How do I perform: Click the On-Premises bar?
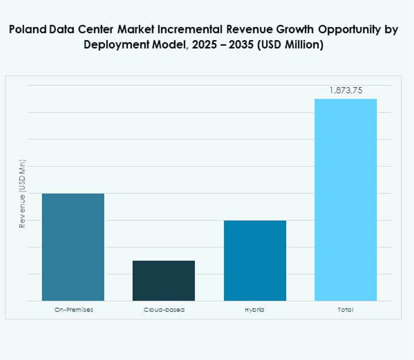pos(73,247)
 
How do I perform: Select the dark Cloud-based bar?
pos(163,280)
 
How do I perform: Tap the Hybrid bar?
pos(255,261)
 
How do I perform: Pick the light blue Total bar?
pos(345,199)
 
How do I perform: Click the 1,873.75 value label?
pos(345,90)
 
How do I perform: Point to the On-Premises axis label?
pos(73,310)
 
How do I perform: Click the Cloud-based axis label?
pos(163,310)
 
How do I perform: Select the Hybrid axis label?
pos(255,310)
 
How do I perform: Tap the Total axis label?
pos(345,310)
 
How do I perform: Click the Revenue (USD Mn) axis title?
pos(23,193)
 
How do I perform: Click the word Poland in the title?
pos(28,30)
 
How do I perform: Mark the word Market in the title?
pos(128,30)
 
